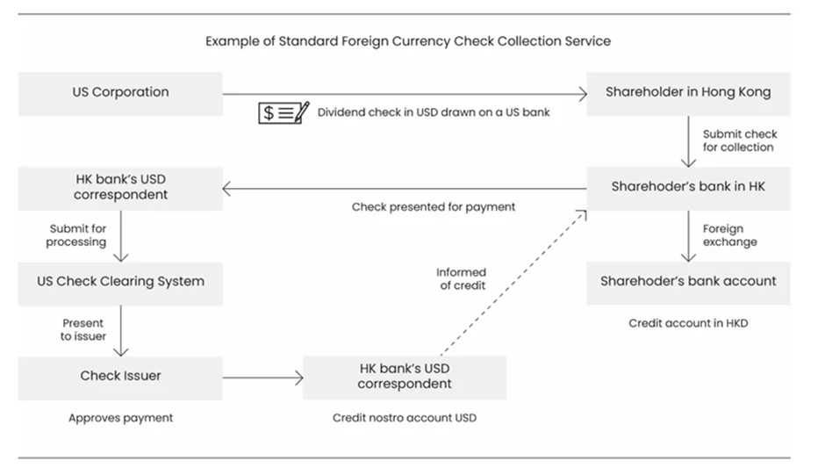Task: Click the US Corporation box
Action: pyautogui.click(x=120, y=92)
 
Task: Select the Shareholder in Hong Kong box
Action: pyautogui.click(x=688, y=92)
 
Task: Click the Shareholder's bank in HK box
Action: pyautogui.click(x=688, y=186)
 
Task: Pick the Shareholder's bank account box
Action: pyautogui.click(x=688, y=282)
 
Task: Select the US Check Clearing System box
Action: pyautogui.click(x=120, y=282)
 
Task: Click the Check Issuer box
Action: pyautogui.click(x=120, y=376)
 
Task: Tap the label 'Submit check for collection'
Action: pyautogui.click(x=738, y=140)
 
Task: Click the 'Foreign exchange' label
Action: pyautogui.click(x=728, y=235)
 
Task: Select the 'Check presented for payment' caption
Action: pyautogui.click(x=434, y=207)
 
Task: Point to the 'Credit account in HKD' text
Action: pyautogui.click(x=688, y=323)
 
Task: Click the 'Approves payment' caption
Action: pyautogui.click(x=120, y=418)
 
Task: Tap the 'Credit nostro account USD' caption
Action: pyautogui.click(x=405, y=418)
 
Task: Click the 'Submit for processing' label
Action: pyautogui.click(x=77, y=235)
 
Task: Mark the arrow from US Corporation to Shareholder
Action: pyautogui.click(x=404, y=93)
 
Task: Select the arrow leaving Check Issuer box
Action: pyautogui.click(x=262, y=378)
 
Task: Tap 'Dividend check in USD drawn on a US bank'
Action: pyautogui.click(x=434, y=112)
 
